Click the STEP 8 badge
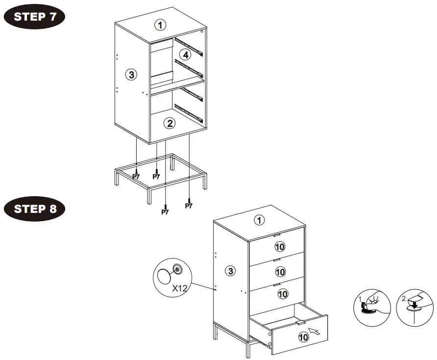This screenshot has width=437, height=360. pos(34,208)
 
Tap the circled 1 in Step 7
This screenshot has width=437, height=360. pos(160,24)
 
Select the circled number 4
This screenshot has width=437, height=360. pos(184,54)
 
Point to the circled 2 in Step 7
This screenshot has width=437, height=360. pos(169,123)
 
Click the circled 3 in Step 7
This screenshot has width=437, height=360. pos(130,75)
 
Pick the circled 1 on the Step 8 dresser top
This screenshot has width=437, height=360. pos(259,220)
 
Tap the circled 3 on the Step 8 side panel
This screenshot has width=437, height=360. pos(231,270)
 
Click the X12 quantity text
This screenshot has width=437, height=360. pos(180,288)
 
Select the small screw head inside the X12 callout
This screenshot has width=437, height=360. pos(177,269)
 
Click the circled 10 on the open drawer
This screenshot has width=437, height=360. pos(303,337)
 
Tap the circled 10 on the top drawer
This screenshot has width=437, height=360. pos(280,246)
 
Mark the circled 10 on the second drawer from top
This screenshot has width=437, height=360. pos(280,271)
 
